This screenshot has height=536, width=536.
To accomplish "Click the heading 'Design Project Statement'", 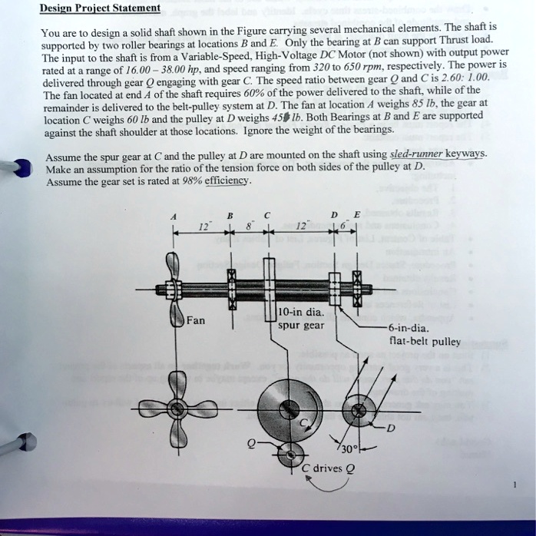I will point(101,8).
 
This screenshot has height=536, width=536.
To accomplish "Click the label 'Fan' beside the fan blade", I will point(195,320).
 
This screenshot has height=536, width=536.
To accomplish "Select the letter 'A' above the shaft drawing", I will point(173,217).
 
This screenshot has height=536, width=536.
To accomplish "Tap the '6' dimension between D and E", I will point(345,227).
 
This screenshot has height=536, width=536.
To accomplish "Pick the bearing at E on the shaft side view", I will point(356,290).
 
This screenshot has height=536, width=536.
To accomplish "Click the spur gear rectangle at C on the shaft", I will point(269,290).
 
